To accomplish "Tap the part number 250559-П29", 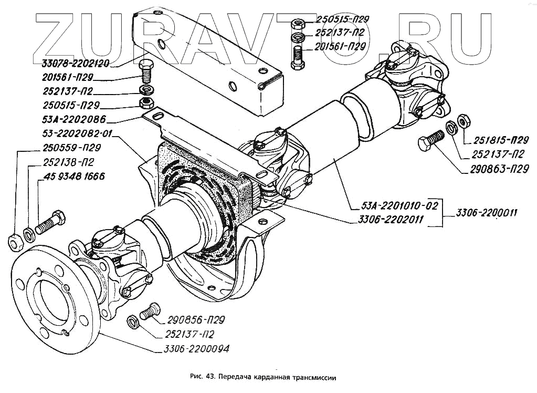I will point(69,148).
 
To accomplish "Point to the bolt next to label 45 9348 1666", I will point(51,223).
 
